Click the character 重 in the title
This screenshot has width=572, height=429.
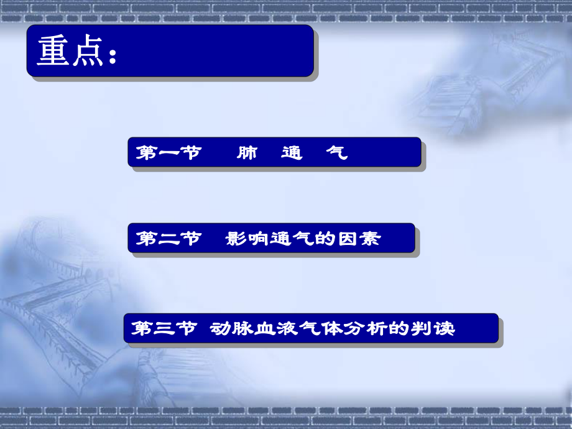52,52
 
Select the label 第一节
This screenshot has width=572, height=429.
168,153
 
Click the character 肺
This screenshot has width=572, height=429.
247,153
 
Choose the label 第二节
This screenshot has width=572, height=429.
168,239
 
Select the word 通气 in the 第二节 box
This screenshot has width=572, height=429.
292,239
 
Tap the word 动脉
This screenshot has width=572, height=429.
231,328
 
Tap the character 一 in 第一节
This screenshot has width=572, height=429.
168,153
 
